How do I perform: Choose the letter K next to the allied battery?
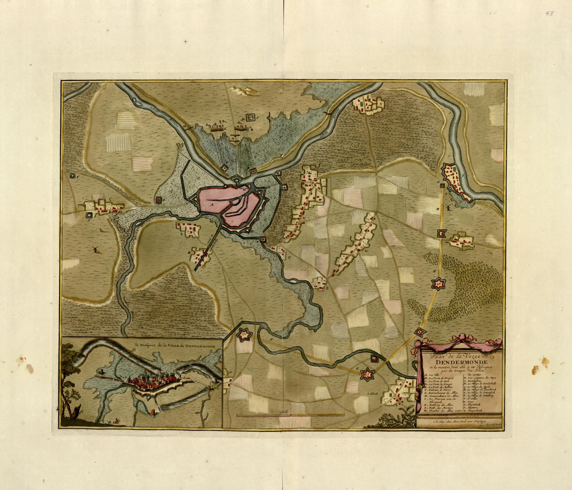tap(226, 128)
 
